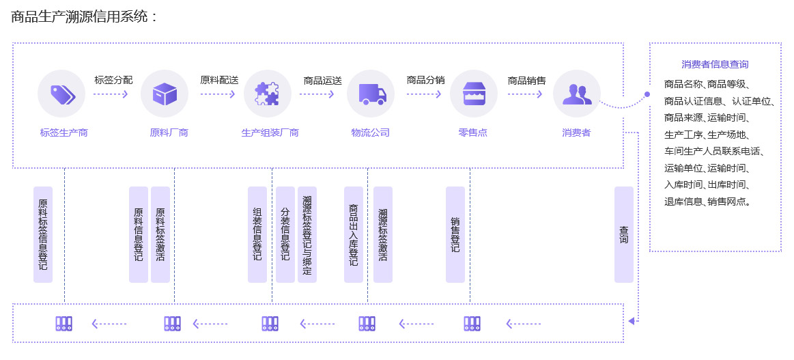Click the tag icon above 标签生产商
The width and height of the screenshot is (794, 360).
(61, 94)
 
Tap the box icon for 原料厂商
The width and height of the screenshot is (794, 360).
(165, 94)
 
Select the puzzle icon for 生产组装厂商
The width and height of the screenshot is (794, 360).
(267, 94)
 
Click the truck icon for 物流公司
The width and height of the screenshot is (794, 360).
(371, 94)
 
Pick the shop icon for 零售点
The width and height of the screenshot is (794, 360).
(473, 94)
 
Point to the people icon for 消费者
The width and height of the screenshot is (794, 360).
(577, 94)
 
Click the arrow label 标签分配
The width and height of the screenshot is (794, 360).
(113, 80)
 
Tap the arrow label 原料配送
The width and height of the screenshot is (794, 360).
(219, 80)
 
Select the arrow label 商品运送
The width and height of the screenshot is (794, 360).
(322, 80)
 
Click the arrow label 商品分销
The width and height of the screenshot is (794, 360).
(425, 80)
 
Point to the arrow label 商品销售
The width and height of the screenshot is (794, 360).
(526, 80)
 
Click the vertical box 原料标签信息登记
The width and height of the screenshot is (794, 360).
(43, 234)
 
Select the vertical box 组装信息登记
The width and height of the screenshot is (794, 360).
(257, 234)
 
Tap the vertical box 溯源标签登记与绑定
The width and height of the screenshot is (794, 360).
(307, 234)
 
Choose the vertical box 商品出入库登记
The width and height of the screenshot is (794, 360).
(354, 234)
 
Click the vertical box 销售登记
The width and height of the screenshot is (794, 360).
(455, 234)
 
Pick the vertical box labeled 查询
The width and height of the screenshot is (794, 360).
(624, 234)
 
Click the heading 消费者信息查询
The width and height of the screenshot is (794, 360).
(715, 64)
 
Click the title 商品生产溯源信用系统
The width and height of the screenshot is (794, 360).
(83, 16)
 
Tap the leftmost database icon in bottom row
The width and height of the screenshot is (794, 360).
(63, 324)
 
